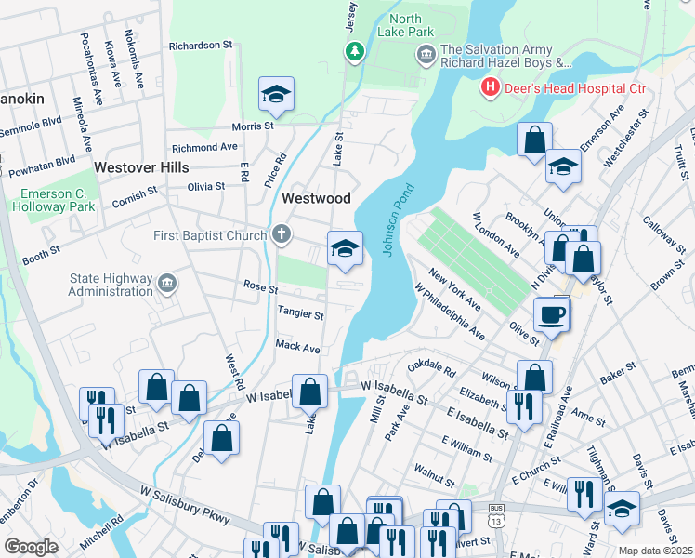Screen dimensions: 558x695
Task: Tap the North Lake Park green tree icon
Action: point(353,52)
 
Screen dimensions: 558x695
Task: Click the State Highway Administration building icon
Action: point(166,282)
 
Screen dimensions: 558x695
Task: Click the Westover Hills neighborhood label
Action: point(141,167)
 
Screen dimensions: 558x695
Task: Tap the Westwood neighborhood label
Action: point(316,198)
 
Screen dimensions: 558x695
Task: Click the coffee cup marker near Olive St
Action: point(552,314)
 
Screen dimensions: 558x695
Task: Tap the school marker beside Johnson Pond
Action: point(344,247)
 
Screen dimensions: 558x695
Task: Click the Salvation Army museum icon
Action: point(426,56)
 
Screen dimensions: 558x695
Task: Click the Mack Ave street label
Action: point(297,347)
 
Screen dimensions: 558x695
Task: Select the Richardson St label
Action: point(200,45)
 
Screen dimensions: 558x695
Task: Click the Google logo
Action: point(31,547)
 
